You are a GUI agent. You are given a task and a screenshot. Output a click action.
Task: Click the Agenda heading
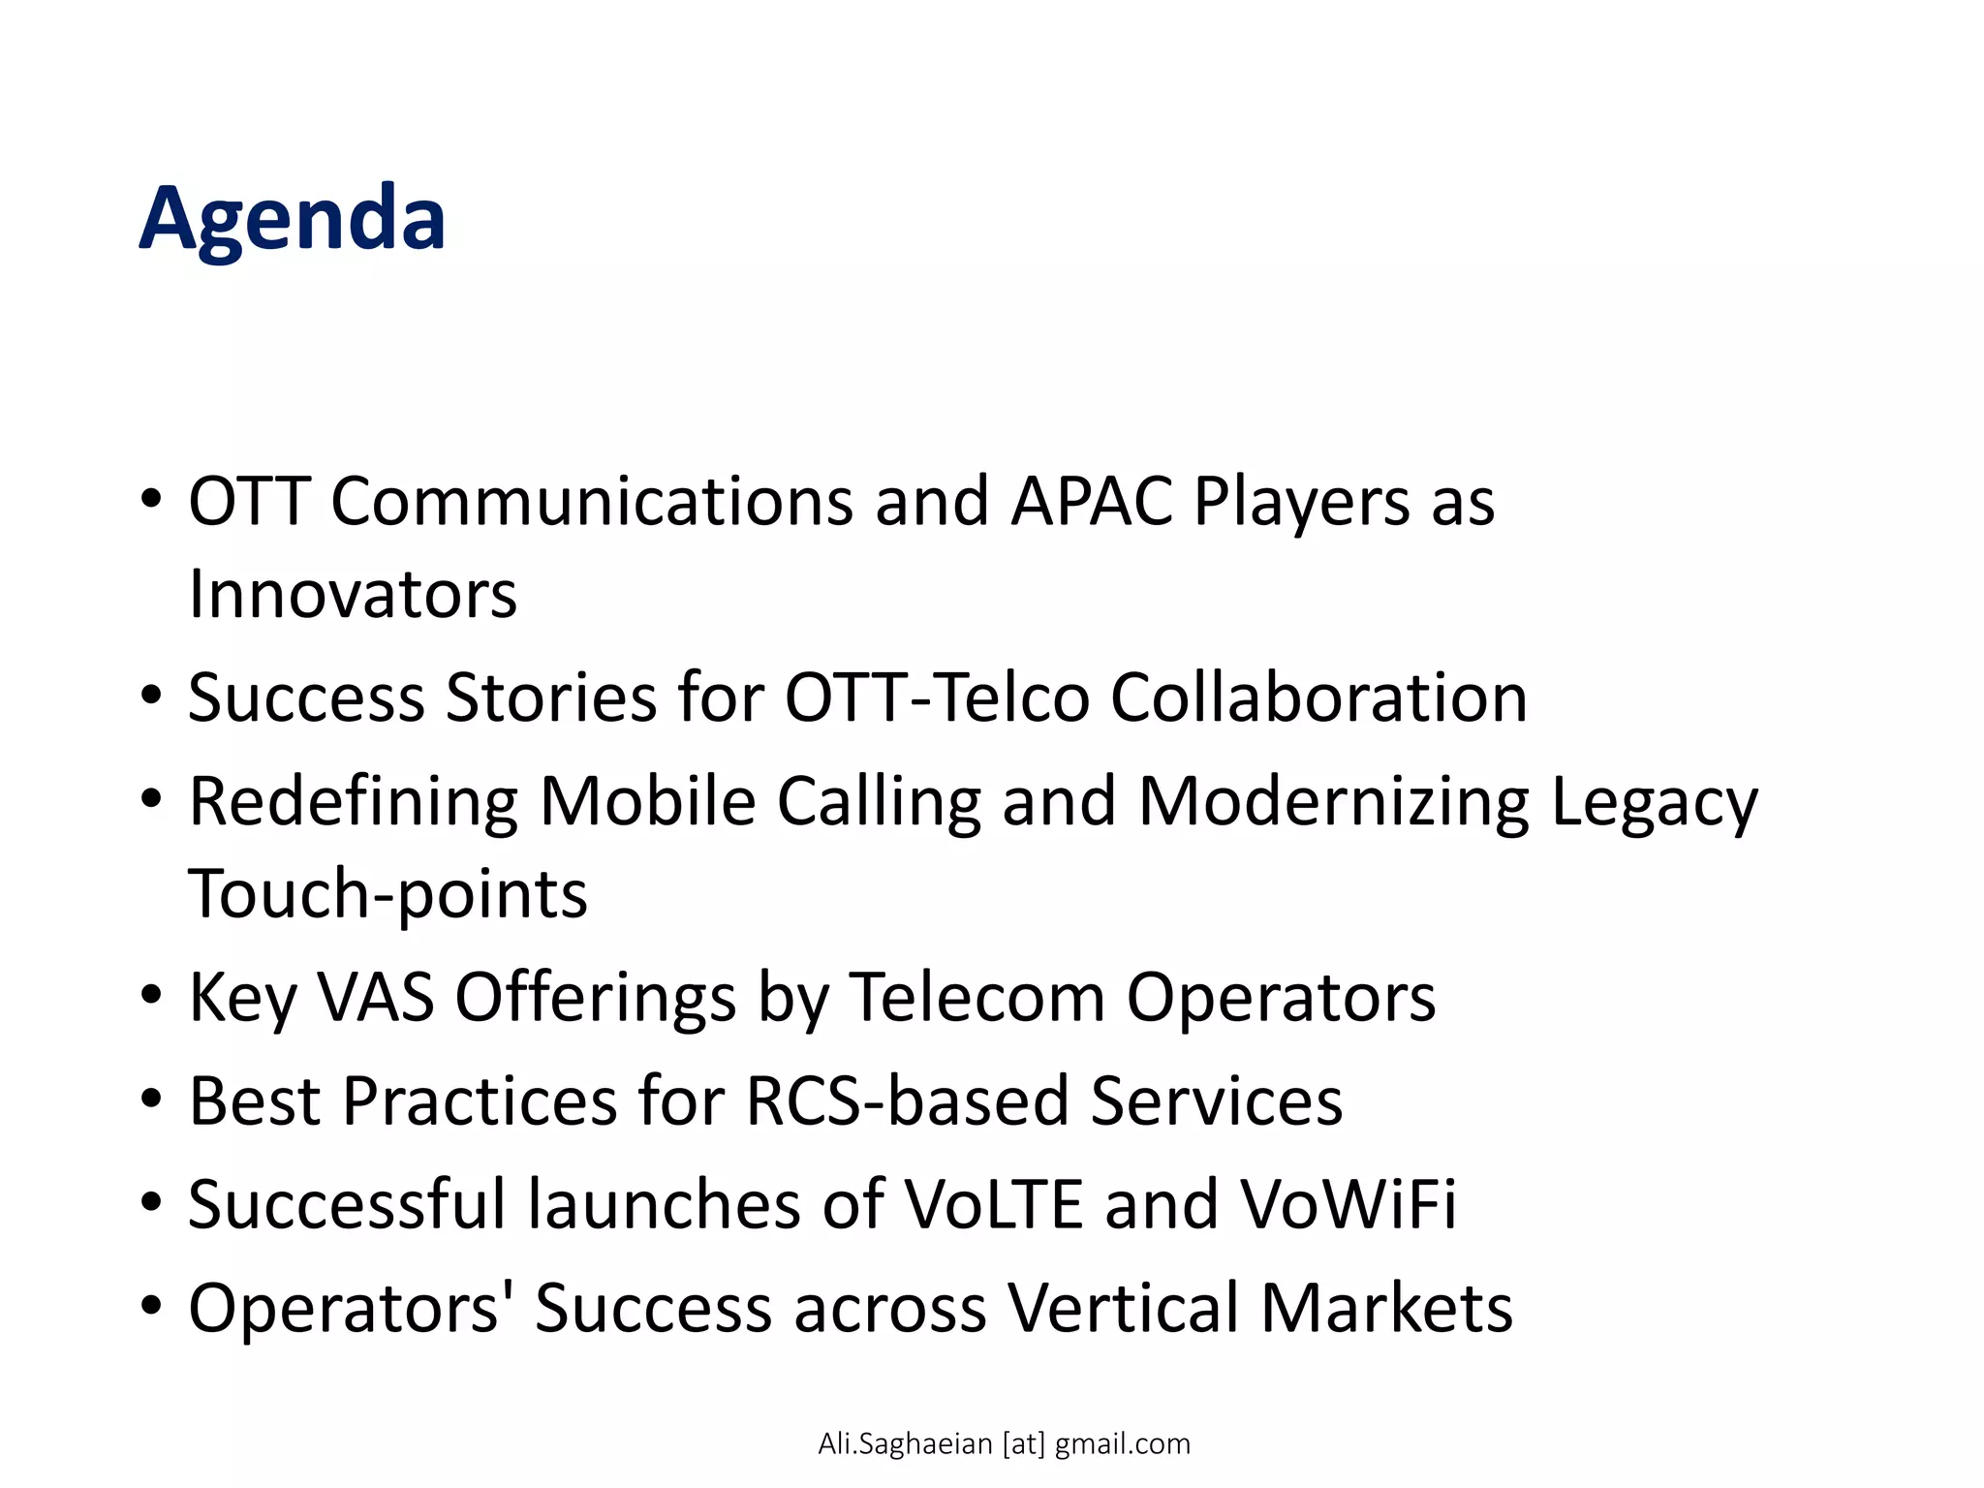292,219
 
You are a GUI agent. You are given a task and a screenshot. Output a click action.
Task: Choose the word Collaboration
1318,697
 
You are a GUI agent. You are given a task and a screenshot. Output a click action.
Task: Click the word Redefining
354,803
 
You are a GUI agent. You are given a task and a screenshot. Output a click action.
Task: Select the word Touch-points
387,894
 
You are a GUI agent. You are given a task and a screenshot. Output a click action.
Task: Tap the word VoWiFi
1348,1204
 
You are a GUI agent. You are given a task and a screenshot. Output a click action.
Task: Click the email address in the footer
1004,1443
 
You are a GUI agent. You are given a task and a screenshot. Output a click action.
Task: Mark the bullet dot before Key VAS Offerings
150,996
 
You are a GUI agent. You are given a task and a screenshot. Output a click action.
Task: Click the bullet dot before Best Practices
150,1100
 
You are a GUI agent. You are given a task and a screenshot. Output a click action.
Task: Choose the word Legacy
1654,803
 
